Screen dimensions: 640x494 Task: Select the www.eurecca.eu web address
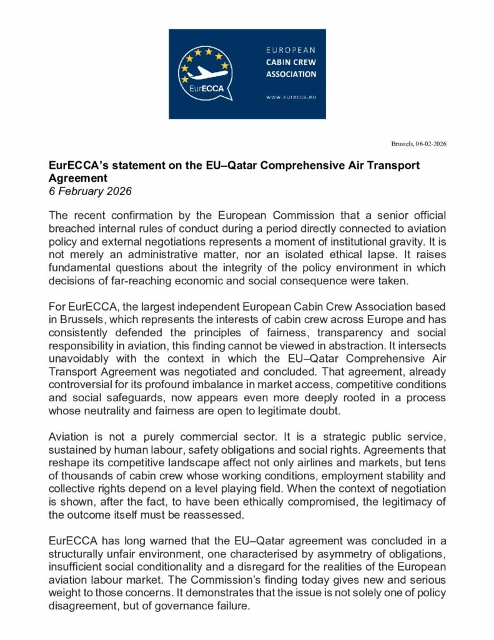290,97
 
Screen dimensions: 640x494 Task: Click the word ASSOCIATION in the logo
291,74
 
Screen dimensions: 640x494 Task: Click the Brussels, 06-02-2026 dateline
418,144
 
